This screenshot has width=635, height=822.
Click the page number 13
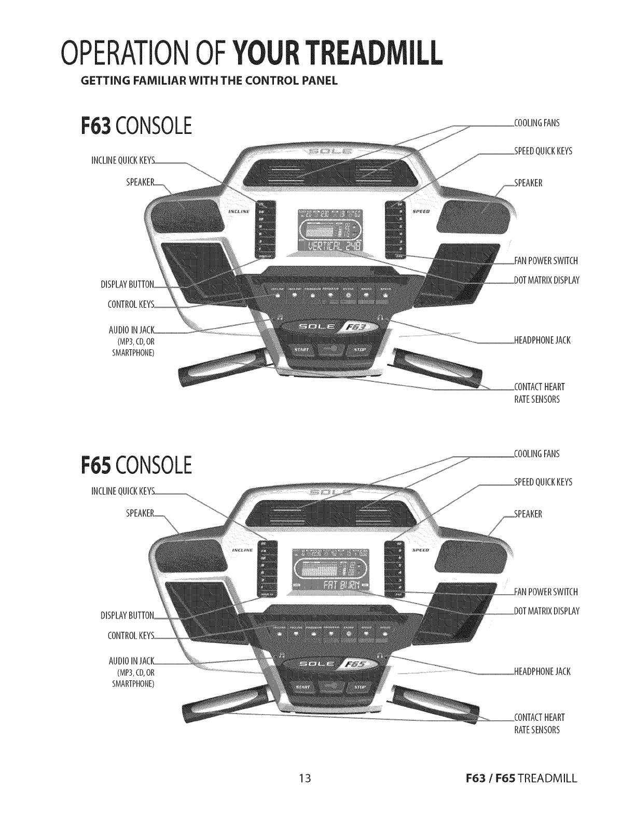pyautogui.click(x=305, y=792)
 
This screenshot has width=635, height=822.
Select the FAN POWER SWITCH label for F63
pyautogui.click(x=546, y=261)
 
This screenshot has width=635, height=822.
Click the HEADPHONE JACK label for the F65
pyautogui.click(x=542, y=672)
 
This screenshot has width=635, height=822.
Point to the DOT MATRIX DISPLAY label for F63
pyautogui.click(x=546, y=280)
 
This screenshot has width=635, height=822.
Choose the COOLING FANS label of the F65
pyautogui.click(x=536, y=454)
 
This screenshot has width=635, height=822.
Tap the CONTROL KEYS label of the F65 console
pyautogui.click(x=131, y=636)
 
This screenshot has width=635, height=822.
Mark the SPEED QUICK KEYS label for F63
pyautogui.click(x=543, y=151)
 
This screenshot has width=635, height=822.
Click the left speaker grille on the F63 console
pyautogui.click(x=187, y=213)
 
